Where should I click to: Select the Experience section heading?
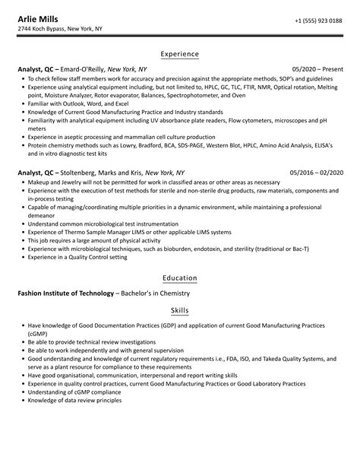(x=180, y=54)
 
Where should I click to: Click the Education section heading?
(x=180, y=278)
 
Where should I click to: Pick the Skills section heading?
(x=180, y=312)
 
